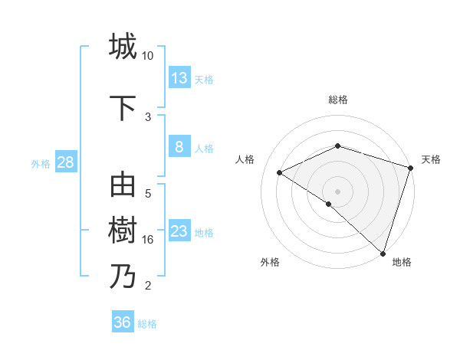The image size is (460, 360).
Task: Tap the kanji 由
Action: click(123, 186)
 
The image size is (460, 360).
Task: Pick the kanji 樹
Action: click(123, 231)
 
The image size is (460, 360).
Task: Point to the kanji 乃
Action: click(123, 276)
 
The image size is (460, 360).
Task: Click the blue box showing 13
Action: click(179, 78)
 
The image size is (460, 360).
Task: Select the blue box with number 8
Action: click(179, 148)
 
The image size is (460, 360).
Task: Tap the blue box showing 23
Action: click(179, 232)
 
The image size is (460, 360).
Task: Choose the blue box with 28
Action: click(65, 163)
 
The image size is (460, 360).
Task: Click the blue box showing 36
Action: click(123, 322)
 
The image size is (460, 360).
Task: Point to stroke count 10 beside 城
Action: click(148, 56)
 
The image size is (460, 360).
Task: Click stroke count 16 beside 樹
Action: click(148, 240)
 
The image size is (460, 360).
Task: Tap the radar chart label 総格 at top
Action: click(337, 100)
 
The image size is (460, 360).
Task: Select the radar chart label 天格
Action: click(431, 159)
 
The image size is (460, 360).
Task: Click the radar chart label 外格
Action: click(270, 262)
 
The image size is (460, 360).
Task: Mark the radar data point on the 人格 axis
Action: click(280, 172)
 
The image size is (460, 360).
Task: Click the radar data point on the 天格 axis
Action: click(410, 168)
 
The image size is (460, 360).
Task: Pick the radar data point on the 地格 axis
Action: click(383, 253)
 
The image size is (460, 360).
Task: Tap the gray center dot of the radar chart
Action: click(337, 191)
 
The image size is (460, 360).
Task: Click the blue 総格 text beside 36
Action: click(148, 324)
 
